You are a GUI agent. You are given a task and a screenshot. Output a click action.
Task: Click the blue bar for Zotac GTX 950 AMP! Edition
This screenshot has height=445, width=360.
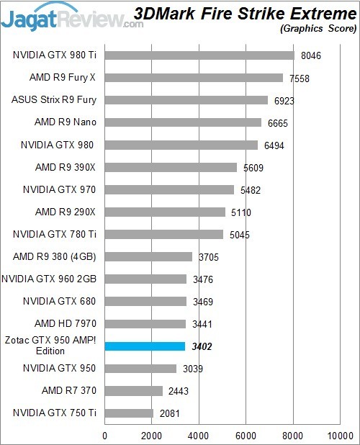click(145, 346)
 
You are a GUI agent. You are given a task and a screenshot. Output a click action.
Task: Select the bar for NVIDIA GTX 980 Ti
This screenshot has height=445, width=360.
click(199, 55)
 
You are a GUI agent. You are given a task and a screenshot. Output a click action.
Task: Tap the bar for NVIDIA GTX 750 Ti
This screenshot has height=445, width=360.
click(130, 413)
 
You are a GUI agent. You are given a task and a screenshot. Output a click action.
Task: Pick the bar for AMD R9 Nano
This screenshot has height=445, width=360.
click(184, 122)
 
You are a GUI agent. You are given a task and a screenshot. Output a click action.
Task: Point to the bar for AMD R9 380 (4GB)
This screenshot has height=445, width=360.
click(149, 256)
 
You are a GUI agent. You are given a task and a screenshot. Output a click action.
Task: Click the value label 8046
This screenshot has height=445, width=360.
click(310, 55)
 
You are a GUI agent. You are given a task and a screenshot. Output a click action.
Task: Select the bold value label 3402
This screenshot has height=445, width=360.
click(203, 346)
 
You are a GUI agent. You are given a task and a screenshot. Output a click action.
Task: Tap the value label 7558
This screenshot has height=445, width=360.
click(298, 78)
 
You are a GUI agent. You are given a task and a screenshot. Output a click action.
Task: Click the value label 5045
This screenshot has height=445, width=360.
click(240, 234)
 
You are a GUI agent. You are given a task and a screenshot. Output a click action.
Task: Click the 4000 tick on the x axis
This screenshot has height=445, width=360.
click(199, 436)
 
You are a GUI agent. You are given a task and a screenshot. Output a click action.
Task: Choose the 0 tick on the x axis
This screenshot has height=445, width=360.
click(105, 436)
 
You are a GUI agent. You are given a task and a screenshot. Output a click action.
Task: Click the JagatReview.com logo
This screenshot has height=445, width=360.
click(72, 16)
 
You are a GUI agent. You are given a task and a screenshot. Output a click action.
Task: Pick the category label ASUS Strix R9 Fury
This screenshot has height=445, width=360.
click(55, 100)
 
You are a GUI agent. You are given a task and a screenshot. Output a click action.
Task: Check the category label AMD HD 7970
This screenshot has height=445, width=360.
click(66, 324)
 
